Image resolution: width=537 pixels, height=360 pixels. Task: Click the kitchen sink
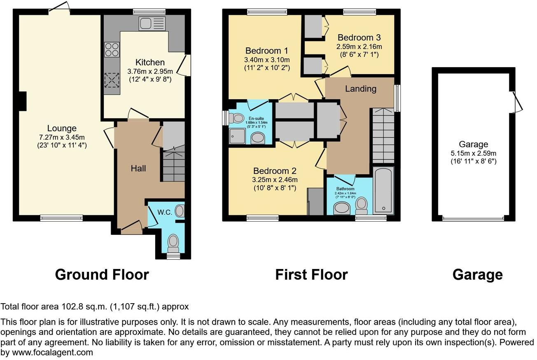point(152,23)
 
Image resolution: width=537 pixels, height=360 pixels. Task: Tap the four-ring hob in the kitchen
point(112,49)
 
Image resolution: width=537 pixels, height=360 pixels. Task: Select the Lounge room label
point(61,129)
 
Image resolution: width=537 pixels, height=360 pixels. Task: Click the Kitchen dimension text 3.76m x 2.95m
point(150,71)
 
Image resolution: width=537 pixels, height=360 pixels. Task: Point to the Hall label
point(138,168)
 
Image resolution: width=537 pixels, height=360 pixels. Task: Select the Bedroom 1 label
point(266,51)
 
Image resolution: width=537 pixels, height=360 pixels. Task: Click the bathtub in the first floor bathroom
point(383,190)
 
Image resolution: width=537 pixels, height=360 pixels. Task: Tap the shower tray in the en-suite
point(238,136)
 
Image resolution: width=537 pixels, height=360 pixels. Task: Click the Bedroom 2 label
point(275,171)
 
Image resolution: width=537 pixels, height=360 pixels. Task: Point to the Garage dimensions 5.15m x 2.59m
point(473,153)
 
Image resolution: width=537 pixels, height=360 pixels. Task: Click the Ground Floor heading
point(102,274)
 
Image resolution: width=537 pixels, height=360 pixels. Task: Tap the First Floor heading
point(311,274)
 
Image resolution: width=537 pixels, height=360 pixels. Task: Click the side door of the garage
point(516,101)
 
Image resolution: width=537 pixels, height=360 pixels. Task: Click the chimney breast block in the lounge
point(23,101)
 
